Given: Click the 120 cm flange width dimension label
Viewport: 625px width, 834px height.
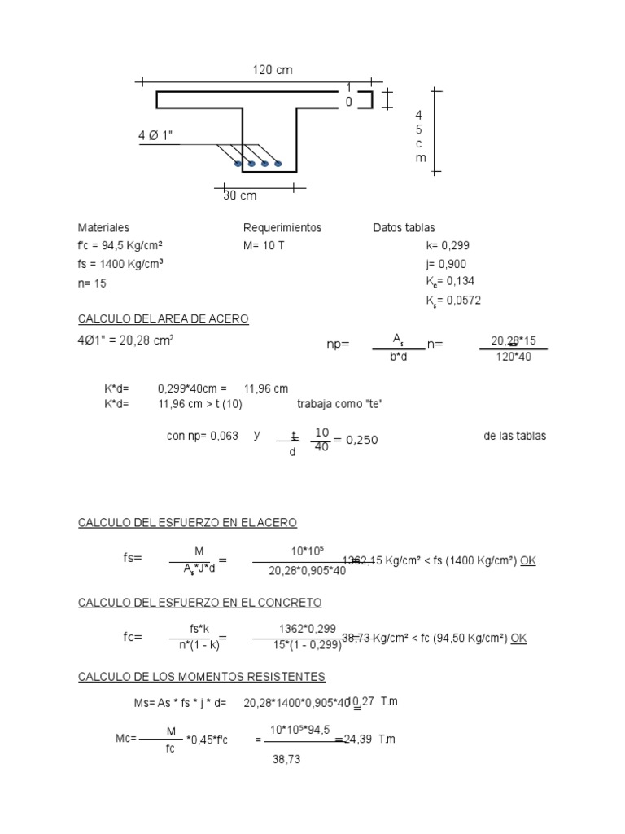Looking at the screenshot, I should [x=272, y=71].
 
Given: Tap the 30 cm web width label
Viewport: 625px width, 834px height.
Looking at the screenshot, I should [x=239, y=196].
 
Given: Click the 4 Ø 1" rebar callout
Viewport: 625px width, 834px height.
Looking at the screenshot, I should [x=155, y=136].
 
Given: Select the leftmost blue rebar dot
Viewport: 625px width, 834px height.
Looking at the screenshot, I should [x=238, y=164].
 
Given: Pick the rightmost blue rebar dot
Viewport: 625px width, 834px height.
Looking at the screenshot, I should [x=278, y=164].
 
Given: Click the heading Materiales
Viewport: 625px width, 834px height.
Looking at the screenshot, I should [x=103, y=228].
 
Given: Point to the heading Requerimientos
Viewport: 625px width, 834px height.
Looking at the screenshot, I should [x=282, y=228].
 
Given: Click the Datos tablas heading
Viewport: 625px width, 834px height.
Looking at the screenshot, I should [x=404, y=228].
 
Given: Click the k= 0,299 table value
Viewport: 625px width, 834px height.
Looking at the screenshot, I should [x=447, y=245].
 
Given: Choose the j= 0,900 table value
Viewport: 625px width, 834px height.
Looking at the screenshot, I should [x=446, y=264].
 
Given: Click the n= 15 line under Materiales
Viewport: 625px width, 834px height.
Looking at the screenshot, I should [x=92, y=283].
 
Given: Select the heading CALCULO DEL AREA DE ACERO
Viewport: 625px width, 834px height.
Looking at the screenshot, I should [x=163, y=319].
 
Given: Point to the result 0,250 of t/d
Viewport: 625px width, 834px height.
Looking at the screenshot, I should [x=361, y=440].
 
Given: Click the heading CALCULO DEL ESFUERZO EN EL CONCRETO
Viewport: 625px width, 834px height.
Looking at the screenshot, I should [x=199, y=603].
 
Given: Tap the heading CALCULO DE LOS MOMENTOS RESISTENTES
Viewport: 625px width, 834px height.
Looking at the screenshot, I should [x=201, y=677].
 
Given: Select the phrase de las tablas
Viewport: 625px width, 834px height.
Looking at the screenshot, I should [x=514, y=436].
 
